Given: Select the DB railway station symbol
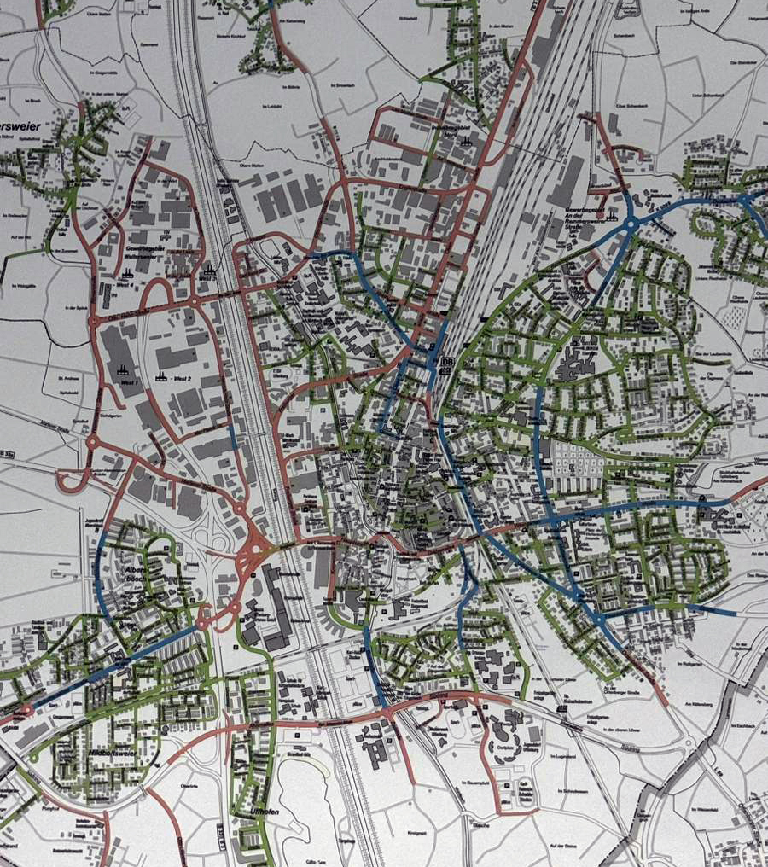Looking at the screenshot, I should (445, 364).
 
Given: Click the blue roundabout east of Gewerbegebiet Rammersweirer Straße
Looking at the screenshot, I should (631, 224).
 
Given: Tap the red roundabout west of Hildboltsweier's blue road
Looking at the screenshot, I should (28, 708).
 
